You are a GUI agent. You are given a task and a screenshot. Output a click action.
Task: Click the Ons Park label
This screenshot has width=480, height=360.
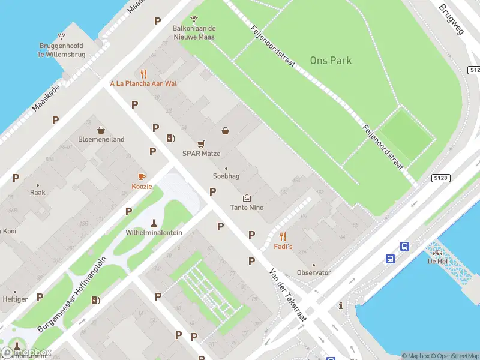[331, 61]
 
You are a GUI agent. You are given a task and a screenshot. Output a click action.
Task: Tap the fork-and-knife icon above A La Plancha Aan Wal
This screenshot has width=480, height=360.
[143, 74]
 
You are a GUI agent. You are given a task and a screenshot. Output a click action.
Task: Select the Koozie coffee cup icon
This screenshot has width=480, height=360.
[142, 176]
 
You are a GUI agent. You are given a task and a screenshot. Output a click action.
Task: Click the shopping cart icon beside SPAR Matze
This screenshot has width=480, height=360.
[202, 143]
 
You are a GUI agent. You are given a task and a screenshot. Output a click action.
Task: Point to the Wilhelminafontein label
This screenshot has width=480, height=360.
[154, 233]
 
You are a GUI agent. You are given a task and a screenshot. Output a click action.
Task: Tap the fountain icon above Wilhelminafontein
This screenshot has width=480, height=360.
[154, 223]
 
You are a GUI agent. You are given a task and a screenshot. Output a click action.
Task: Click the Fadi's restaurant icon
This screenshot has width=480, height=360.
[283, 236]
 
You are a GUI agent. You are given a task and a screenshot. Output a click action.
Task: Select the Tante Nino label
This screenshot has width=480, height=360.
[247, 208]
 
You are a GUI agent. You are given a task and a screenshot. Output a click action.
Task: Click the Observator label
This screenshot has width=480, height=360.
[314, 272]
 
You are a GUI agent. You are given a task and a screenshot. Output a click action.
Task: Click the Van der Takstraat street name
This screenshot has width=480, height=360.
[288, 295]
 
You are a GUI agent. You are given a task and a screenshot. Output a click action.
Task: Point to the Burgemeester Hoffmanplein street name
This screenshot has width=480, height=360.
[71, 295]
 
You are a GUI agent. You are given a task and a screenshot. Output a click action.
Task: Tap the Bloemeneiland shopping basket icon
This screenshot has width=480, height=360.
[101, 130]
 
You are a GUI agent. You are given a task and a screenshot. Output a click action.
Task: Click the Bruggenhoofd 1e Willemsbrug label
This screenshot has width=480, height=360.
[61, 49]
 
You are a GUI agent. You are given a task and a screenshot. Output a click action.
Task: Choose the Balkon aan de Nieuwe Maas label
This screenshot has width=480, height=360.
[194, 32]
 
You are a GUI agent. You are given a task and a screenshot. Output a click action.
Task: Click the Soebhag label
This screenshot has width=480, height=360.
[226, 176]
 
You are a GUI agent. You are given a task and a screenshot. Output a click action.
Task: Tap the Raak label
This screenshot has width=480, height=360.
[37, 193]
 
